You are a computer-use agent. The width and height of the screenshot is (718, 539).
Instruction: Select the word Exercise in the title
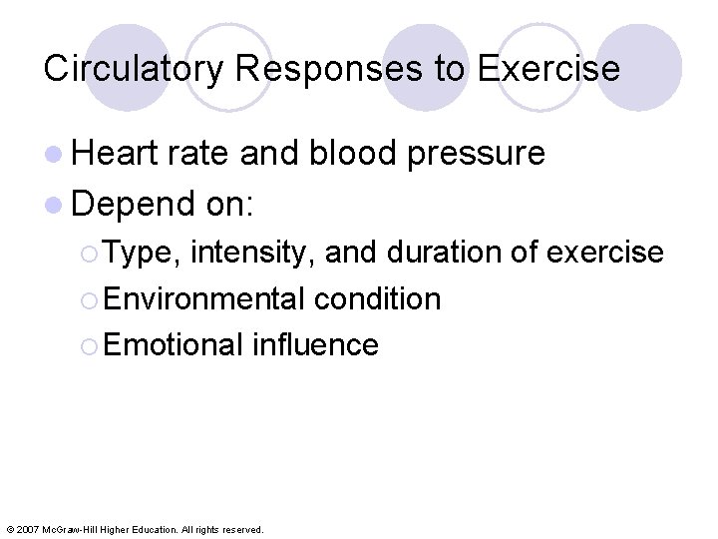point(548,69)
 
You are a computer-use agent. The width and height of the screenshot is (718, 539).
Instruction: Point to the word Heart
point(116,153)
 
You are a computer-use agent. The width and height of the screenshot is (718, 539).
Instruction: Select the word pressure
point(478,155)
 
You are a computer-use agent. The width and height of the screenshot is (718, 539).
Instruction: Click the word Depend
point(134,205)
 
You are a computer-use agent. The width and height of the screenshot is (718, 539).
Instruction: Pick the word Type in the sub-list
point(140,254)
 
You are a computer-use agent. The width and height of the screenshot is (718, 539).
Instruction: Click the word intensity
point(253,254)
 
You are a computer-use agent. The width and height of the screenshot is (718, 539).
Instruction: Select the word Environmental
point(203,298)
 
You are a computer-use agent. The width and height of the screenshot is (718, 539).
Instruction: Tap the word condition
point(377,298)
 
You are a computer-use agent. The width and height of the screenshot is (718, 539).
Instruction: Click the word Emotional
point(173,344)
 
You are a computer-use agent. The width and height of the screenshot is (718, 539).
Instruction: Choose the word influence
point(315,344)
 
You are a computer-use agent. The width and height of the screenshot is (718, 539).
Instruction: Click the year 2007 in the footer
point(27,529)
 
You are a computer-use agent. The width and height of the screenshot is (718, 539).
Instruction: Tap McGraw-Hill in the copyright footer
point(70,529)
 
